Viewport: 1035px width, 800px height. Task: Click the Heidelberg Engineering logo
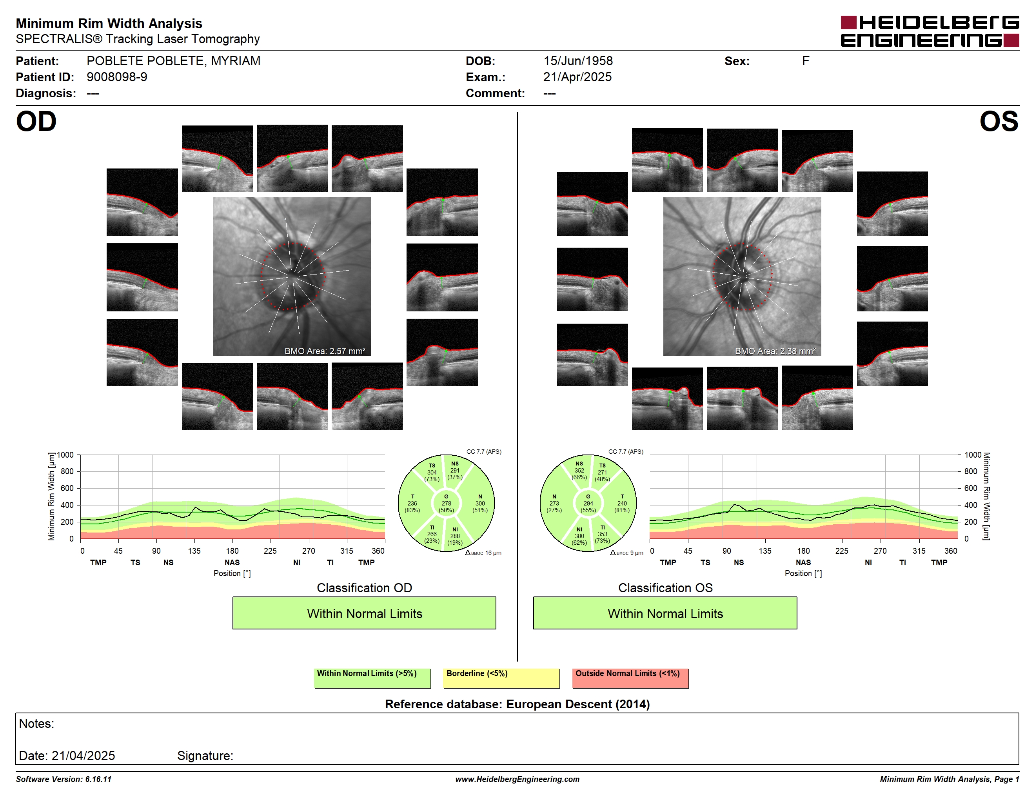(x=930, y=31)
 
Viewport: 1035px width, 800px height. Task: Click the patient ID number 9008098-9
(x=116, y=77)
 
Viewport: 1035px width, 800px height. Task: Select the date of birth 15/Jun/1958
(x=578, y=61)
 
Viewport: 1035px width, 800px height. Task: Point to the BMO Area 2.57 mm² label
(x=325, y=351)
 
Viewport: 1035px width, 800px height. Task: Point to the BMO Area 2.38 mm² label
(x=775, y=351)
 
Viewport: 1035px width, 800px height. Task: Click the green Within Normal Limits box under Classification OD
(x=364, y=613)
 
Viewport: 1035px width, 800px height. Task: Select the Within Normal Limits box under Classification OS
(x=665, y=613)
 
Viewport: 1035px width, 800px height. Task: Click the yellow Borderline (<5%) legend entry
(x=501, y=678)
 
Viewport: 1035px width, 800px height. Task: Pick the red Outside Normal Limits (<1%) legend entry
(x=630, y=678)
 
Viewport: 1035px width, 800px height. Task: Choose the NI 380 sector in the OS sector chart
(x=579, y=536)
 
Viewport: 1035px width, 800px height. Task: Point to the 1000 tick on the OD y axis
(x=65, y=455)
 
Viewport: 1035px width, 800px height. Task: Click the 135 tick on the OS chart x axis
(x=765, y=551)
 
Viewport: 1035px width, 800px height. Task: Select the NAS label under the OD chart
(x=232, y=563)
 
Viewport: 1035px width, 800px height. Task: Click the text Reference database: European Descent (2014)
(x=517, y=704)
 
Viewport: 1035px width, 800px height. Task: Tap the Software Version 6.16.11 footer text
(x=64, y=779)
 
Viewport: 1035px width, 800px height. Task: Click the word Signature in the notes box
(x=205, y=756)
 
